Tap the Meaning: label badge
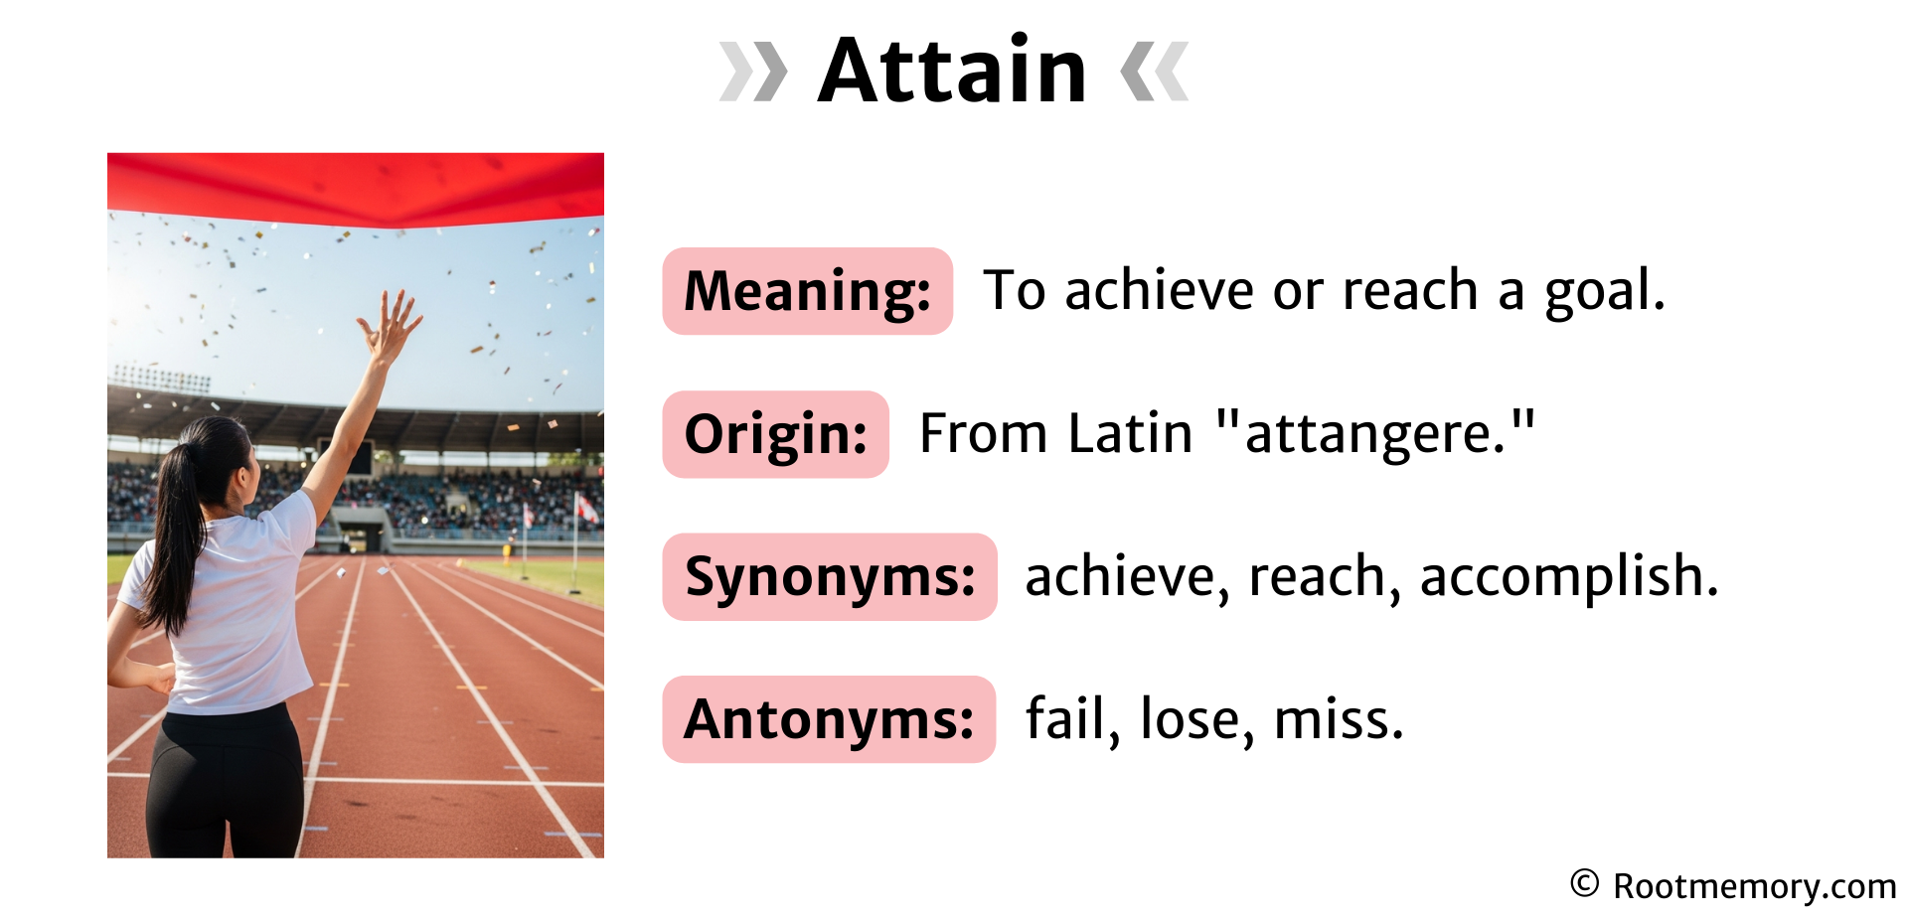(807, 291)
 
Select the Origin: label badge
(775, 434)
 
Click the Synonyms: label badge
(829, 577)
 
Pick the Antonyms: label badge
(829, 719)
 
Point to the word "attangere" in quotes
(1375, 434)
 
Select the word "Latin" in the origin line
(1130, 434)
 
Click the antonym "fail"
(1065, 719)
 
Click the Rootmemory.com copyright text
(1754, 886)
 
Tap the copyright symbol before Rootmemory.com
(1584, 883)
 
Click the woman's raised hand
(390, 323)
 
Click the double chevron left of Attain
(752, 72)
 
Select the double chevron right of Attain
(1154, 72)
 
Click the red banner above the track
(355, 188)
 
